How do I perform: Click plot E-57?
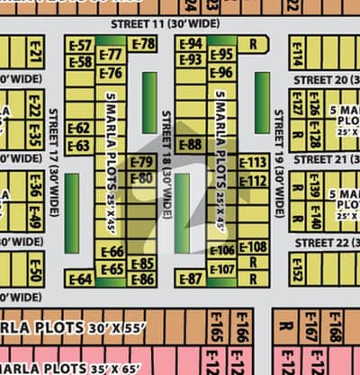coord(80,45)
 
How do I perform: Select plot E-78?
coord(142,43)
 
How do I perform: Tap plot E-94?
coord(190,43)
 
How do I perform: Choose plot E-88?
coord(189,144)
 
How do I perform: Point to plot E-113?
coord(253,163)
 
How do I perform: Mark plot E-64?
coord(79,279)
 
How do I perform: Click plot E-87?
coord(189,279)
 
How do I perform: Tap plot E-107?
coord(221,269)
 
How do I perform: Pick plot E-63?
coord(79,145)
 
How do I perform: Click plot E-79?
coord(141,163)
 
